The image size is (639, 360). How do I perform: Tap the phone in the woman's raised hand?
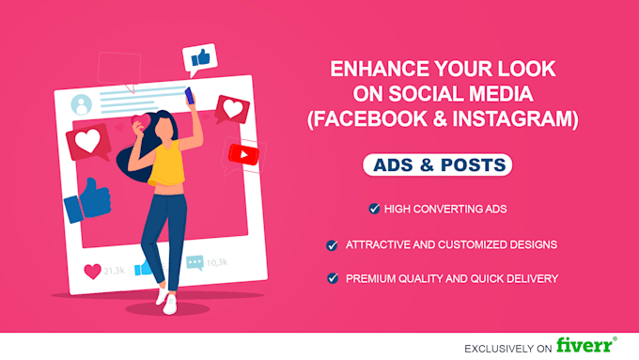pyautogui.click(x=189, y=94)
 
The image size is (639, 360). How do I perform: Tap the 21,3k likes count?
pyautogui.click(x=113, y=271)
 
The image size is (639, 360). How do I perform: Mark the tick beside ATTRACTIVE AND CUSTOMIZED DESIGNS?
pyautogui.click(x=332, y=244)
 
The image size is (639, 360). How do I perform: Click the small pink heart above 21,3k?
pyautogui.click(x=92, y=271)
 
